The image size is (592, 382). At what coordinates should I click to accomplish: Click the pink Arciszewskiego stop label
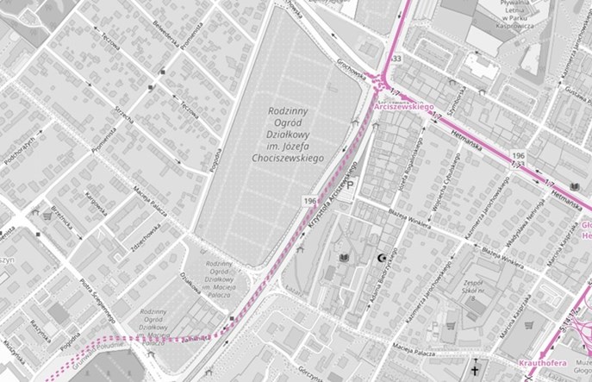pyautogui.click(x=402, y=106)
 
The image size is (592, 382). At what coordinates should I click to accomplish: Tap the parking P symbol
pyautogui.click(x=350, y=183)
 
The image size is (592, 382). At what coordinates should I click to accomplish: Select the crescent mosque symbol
pyautogui.click(x=380, y=259)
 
